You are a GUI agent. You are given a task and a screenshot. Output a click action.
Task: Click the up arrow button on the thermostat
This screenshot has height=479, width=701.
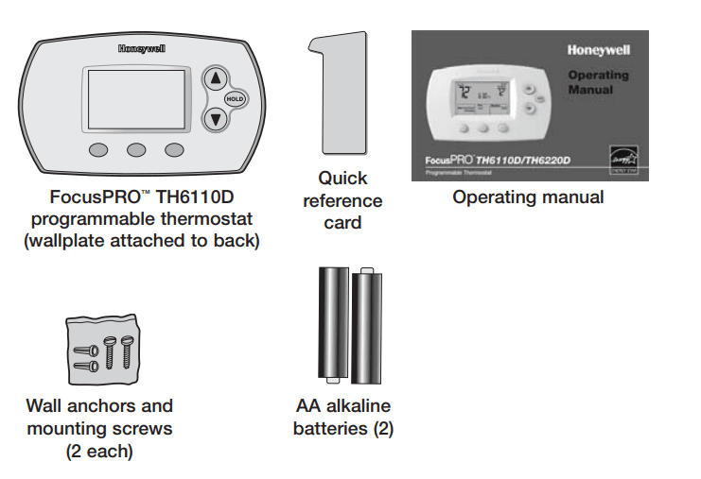pos(216,78)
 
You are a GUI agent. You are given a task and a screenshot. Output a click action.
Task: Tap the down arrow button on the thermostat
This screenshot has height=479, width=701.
pos(216,119)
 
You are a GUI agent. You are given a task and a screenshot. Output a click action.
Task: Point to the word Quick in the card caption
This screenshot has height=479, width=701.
pos(342,178)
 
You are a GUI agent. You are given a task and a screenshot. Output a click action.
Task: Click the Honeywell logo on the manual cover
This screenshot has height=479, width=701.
pos(599,50)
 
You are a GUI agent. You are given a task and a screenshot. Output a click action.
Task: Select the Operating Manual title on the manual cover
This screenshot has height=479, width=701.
pos(598,82)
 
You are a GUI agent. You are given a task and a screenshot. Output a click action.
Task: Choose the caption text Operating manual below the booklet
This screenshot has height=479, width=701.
pos(528,197)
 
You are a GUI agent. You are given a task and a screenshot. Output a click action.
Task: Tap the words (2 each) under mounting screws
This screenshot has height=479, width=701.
pos(99,451)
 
